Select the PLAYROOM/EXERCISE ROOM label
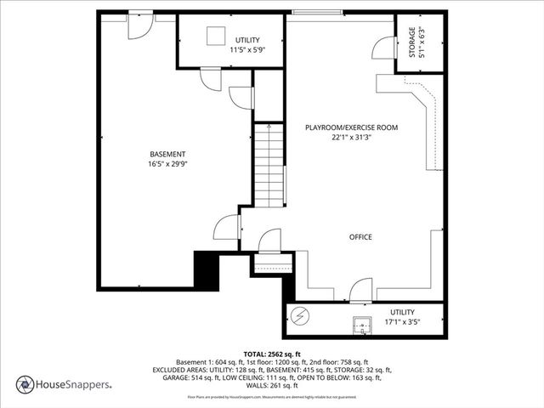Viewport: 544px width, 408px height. [351, 127]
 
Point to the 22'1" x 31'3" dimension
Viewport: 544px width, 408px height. [351, 137]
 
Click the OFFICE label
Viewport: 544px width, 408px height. [360, 236]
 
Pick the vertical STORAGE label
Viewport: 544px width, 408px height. [412, 42]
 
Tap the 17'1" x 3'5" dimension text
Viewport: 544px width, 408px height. [402, 322]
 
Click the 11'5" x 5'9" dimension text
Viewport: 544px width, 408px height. [248, 50]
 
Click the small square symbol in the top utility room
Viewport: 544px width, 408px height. [216, 34]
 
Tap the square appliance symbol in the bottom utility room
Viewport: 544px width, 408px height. [363, 323]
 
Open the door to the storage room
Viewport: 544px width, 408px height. [384, 49]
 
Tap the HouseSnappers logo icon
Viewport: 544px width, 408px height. [25, 384]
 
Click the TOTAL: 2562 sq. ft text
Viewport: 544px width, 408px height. [271, 354]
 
